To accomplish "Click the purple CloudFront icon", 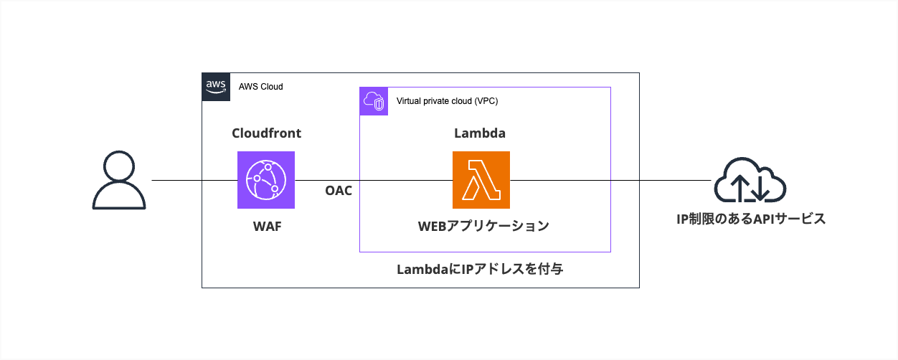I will pos(266,180).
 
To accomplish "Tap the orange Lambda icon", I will pos(481,180).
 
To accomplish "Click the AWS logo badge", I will pos(216,87).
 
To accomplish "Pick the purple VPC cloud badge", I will pos(374,101).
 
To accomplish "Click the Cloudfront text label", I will pos(266,133).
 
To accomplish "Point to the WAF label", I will pos(266,227).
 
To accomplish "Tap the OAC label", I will pos(339,191).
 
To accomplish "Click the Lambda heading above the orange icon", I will pos(481,133).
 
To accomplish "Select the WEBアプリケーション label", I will pos(483,227).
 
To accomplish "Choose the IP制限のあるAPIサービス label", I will pos(751,219).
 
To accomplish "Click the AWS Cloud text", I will pos(261,87).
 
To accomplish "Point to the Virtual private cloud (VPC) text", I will pos(447,101).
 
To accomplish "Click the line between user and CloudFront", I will pos(194,180).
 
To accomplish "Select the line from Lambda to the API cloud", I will pos(610,180).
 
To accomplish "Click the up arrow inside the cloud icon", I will pos(739,185).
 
